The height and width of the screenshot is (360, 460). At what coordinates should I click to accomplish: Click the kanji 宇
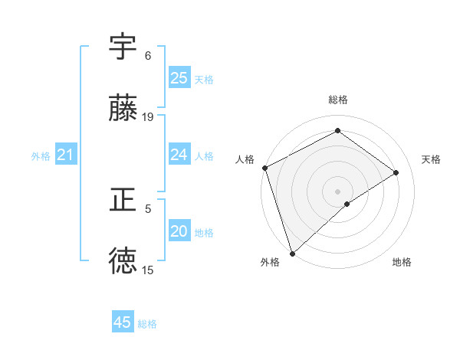(x=123, y=47)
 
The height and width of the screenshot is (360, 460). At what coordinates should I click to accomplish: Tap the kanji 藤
(x=123, y=109)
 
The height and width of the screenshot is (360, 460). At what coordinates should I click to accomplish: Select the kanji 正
(x=123, y=201)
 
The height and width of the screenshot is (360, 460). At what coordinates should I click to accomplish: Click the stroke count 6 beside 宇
(x=148, y=56)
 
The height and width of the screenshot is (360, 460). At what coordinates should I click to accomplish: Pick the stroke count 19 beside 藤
(x=148, y=117)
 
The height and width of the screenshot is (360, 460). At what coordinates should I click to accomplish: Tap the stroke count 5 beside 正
(x=148, y=208)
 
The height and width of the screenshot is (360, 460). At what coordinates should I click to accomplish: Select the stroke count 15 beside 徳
(x=148, y=270)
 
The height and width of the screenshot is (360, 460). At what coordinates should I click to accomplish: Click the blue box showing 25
(x=179, y=78)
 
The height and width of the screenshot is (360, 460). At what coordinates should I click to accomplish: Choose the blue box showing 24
(x=179, y=155)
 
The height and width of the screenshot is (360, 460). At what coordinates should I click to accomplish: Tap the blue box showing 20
(x=179, y=231)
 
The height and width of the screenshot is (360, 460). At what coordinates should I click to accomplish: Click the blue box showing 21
(x=65, y=155)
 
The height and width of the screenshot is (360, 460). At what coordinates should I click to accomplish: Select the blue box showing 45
(x=123, y=322)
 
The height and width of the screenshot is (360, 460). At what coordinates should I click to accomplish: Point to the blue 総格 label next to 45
(x=148, y=324)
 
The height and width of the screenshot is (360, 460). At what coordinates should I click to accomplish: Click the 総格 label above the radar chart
(x=338, y=100)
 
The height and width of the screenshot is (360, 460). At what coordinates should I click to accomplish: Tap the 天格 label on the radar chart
(x=432, y=159)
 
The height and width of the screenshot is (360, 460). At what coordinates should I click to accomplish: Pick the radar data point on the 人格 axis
(x=264, y=168)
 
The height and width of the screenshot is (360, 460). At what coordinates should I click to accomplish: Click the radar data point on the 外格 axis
(x=292, y=253)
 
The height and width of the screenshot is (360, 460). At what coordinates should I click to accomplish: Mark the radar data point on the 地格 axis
(x=347, y=204)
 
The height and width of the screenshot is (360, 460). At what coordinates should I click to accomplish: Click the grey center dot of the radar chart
(x=338, y=191)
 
